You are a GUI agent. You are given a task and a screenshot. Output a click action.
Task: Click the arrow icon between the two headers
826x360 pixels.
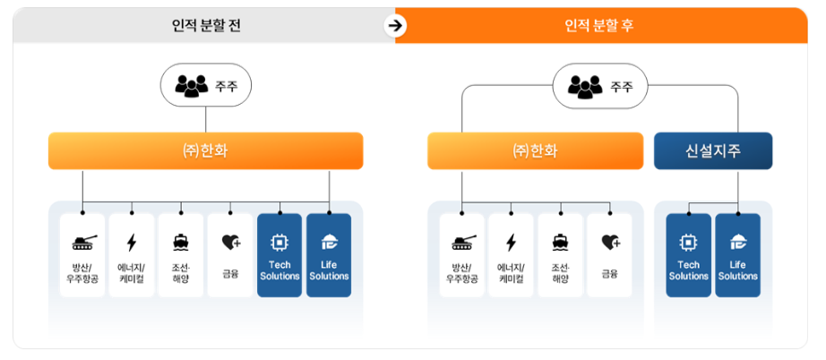pyautogui.click(x=394, y=25)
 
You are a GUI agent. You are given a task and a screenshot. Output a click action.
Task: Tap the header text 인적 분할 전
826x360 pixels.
pyautogui.click(x=206, y=26)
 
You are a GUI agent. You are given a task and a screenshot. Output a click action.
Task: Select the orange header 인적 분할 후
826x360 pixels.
pyautogui.click(x=600, y=26)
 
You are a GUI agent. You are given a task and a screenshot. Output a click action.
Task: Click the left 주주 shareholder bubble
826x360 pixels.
pyautogui.click(x=206, y=86)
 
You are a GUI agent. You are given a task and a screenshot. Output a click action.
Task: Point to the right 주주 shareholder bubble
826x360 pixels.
pyautogui.click(x=600, y=86)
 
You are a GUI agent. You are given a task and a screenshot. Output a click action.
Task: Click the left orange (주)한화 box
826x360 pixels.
pyautogui.click(x=205, y=151)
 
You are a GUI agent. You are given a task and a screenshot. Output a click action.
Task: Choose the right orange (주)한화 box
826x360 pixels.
pyautogui.click(x=535, y=151)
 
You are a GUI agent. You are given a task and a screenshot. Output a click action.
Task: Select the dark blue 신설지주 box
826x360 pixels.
pyautogui.click(x=713, y=151)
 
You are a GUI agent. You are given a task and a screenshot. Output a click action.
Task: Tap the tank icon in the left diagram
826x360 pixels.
pyautogui.click(x=82, y=242)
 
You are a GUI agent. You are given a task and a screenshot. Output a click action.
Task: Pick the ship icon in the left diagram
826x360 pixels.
pyautogui.click(x=181, y=242)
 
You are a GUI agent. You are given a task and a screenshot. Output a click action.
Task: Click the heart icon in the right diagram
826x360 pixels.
pyautogui.click(x=610, y=242)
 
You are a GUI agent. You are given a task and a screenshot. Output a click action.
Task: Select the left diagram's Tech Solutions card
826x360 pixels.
pyautogui.click(x=280, y=255)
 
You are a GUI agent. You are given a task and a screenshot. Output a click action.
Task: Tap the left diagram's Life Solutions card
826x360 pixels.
pyautogui.click(x=329, y=255)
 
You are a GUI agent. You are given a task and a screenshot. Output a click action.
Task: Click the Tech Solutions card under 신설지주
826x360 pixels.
pyautogui.click(x=688, y=255)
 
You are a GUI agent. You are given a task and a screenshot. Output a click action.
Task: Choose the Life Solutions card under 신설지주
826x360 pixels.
pyautogui.click(x=738, y=255)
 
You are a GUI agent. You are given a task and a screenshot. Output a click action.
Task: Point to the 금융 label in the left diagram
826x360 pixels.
pyautogui.click(x=230, y=272)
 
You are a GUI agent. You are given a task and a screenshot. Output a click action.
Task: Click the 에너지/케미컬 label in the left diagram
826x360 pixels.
pyautogui.click(x=132, y=272)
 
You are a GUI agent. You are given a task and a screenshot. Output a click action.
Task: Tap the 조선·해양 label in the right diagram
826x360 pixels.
pyautogui.click(x=561, y=272)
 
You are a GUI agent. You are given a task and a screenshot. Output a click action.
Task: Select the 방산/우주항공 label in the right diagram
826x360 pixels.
pyautogui.click(x=462, y=272)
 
